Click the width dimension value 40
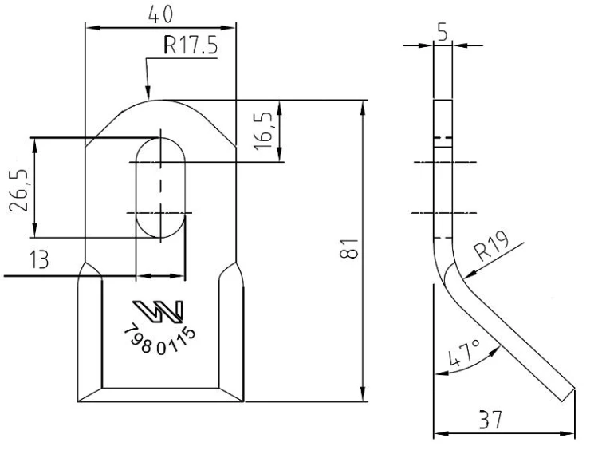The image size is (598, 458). (160, 15)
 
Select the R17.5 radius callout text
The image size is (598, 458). (191, 45)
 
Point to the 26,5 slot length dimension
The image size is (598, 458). (18, 190)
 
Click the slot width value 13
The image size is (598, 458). (39, 260)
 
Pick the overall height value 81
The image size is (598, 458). (349, 248)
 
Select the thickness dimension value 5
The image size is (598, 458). (443, 33)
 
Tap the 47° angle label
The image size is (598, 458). (464, 353)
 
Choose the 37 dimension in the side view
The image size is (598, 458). (490, 420)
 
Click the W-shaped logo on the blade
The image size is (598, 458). (159, 311)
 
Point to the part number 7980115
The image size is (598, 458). (159, 339)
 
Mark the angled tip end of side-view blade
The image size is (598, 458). (568, 395)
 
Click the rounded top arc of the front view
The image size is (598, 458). (160, 100)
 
